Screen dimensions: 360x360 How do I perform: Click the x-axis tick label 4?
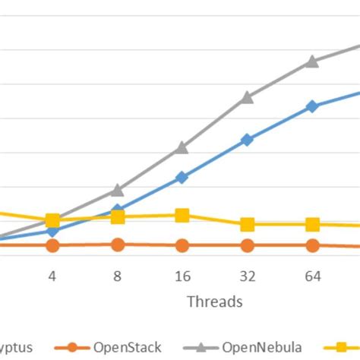52,276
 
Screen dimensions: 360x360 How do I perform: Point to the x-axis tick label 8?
118,276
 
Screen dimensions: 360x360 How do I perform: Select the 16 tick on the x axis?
182,276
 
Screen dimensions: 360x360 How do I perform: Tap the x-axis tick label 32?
247,276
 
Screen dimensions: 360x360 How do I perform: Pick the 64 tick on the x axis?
312,276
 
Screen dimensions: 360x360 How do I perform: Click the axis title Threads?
214,302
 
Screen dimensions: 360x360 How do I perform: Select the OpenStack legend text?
127,347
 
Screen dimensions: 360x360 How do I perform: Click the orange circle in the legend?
72,347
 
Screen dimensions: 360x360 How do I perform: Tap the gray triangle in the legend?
201,347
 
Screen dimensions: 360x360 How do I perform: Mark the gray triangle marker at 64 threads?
312,62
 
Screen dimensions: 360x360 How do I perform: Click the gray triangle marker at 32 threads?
247,97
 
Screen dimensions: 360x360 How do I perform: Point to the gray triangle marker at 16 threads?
182,147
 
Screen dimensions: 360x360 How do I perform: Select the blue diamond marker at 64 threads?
312,106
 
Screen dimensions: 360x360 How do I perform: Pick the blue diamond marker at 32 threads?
247,140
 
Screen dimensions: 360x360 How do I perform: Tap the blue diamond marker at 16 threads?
182,177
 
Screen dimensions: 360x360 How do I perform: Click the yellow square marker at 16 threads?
182,216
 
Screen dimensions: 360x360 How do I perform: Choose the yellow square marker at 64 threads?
312,224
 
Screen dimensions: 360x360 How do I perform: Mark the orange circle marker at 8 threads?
118,245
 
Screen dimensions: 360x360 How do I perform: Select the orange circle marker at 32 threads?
247,245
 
